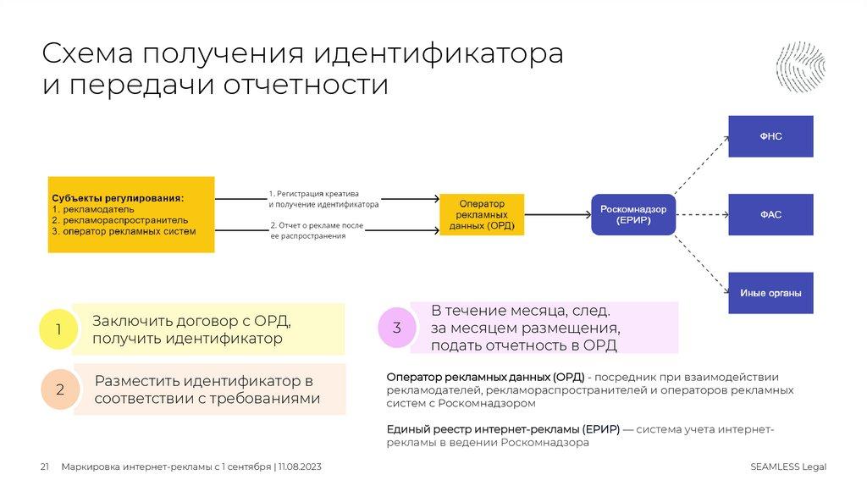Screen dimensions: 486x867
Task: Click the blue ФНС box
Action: pyautogui.click(x=770, y=136)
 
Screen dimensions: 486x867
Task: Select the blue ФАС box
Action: pyautogui.click(x=770, y=215)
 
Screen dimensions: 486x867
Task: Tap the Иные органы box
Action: pyautogui.click(x=770, y=293)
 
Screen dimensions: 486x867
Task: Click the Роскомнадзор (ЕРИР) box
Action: pyautogui.click(x=633, y=214)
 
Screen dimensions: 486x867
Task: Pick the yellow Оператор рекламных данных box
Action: pyautogui.click(x=482, y=215)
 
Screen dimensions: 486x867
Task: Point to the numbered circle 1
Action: pyautogui.click(x=58, y=330)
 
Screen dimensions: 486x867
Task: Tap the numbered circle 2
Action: pyautogui.click(x=60, y=389)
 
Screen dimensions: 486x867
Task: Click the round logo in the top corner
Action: pyautogui.click(x=800, y=66)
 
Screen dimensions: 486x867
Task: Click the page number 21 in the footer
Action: pyautogui.click(x=45, y=467)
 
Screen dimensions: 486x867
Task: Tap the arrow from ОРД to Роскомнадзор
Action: pyautogui.click(x=558, y=215)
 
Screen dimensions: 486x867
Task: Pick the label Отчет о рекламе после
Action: pyautogui.click(x=318, y=225)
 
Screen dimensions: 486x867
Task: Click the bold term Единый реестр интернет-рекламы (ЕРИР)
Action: pyautogui.click(x=503, y=429)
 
